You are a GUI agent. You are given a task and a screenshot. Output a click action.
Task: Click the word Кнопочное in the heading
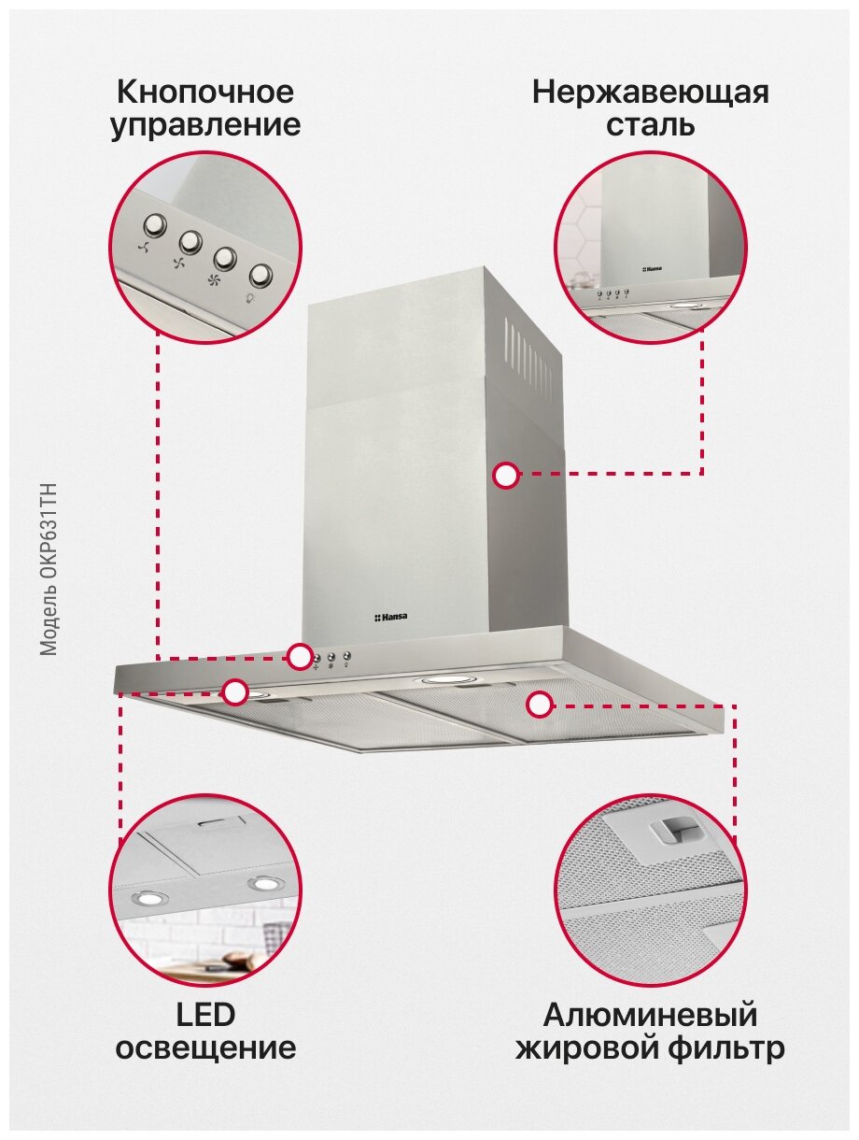pos(205,93)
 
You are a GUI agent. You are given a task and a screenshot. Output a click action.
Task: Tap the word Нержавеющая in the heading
pos(650,93)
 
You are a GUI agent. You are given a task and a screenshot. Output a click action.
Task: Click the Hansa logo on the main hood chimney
pos(397,617)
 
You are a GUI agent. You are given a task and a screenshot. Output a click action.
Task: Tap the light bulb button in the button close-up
pos(261,275)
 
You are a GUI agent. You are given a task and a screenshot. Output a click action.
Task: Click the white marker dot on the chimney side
pos(506,475)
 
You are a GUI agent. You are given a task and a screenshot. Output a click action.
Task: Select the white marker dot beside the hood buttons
pos(300,657)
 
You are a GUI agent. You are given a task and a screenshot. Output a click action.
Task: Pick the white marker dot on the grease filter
pos(539,705)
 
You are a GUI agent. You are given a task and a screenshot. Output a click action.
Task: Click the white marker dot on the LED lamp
pos(235,692)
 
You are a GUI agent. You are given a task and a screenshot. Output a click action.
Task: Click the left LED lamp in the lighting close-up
pos(147,899)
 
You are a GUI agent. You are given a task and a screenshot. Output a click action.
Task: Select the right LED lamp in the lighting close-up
pos(263,883)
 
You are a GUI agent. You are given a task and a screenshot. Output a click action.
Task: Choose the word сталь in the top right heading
pos(650,125)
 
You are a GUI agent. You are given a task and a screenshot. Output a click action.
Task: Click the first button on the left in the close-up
pos(154,225)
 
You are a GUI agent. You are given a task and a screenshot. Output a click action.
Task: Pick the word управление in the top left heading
pos(205,125)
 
